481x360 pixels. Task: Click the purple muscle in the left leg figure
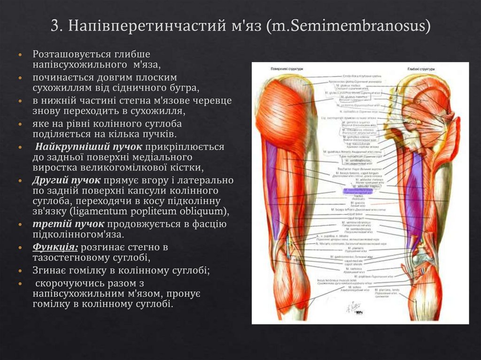(x=272, y=188)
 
